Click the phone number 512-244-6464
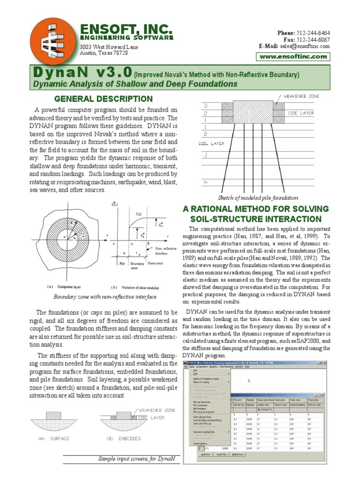(313, 33)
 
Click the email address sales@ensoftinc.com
(305, 46)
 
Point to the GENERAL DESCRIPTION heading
(104, 99)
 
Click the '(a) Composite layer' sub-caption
(58, 286)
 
